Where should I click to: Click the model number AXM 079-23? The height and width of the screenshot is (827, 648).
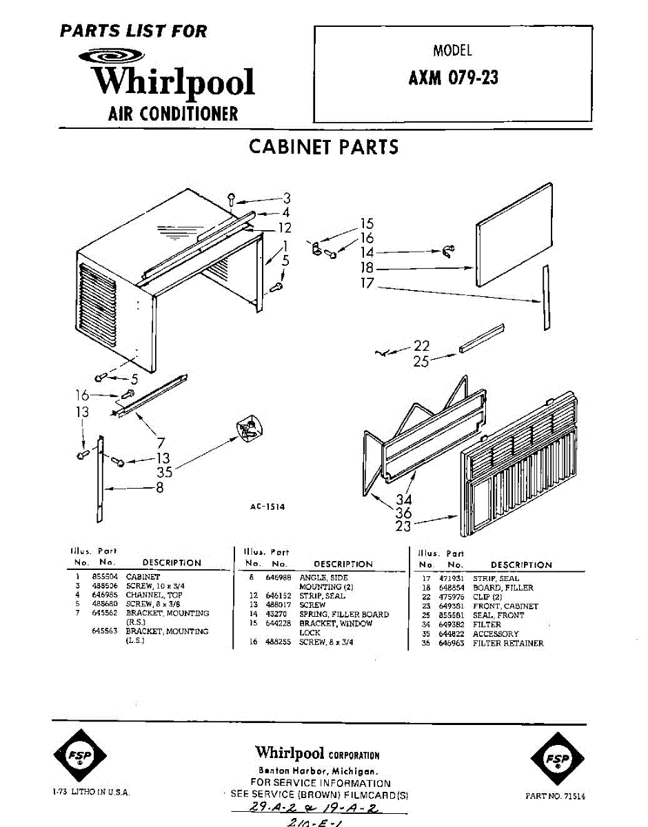[x=453, y=78]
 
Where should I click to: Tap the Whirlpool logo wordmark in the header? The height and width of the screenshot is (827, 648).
[x=174, y=82]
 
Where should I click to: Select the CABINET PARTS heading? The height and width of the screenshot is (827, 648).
[x=323, y=147]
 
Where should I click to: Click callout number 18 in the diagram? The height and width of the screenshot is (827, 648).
[x=367, y=267]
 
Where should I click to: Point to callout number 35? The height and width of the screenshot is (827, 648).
[x=164, y=472]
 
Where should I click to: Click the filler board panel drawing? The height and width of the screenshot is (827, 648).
[x=514, y=234]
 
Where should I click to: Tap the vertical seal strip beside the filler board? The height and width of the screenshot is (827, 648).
[x=547, y=296]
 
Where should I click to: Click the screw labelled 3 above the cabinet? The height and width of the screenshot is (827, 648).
[x=232, y=199]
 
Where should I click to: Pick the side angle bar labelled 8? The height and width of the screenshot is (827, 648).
[x=101, y=479]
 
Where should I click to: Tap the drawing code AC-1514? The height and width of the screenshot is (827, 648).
[x=267, y=507]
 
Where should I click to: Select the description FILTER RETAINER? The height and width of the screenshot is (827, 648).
[x=508, y=643]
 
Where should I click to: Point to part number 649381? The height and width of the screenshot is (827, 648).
[x=452, y=606]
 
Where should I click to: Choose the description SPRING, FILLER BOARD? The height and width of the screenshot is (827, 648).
[x=344, y=614]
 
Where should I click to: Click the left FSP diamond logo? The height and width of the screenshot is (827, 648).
[x=80, y=759]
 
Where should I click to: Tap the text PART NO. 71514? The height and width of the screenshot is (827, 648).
[x=555, y=795]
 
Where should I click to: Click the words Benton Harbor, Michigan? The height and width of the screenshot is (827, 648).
[x=318, y=770]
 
